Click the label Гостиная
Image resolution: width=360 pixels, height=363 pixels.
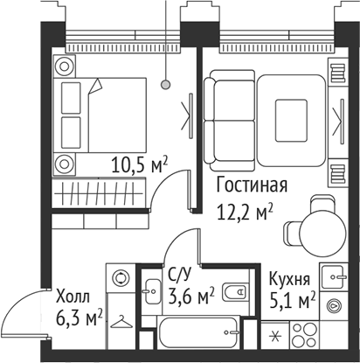251,185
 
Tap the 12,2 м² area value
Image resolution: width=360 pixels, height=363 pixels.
245,211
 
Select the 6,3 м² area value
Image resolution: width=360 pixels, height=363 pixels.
80,316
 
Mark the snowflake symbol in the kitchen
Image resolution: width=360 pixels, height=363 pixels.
278,337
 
